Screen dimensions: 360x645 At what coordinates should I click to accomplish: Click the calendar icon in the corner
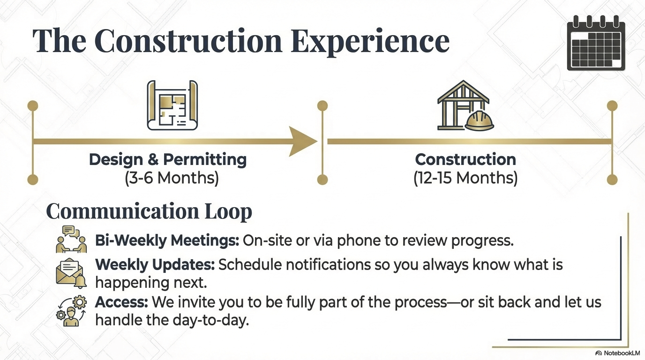click(595, 43)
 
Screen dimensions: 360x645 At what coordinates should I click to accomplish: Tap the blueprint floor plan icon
click(172, 105)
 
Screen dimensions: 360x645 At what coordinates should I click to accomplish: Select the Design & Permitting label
click(168, 159)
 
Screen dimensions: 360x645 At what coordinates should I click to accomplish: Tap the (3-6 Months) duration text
click(172, 179)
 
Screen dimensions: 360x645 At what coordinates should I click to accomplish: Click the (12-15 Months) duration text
click(465, 179)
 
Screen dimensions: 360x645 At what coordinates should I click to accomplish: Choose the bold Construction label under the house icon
click(465, 159)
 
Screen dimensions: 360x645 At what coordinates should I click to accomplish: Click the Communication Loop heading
click(149, 211)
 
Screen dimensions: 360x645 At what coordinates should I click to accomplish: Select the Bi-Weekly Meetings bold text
click(167, 240)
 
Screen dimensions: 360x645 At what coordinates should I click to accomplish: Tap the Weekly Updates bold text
click(155, 265)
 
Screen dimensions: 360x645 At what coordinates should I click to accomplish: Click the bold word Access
click(122, 302)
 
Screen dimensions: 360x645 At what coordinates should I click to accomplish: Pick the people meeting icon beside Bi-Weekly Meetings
click(71, 240)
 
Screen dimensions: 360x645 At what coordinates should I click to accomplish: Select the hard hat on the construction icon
click(480, 120)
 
